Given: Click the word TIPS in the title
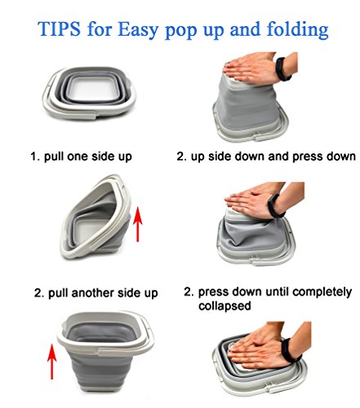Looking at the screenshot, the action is pyautogui.click(x=59, y=29).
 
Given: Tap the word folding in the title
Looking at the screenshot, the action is pyautogui.click(x=298, y=29).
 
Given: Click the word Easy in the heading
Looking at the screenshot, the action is pyautogui.click(x=138, y=29).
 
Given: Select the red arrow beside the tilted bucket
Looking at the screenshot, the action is pyautogui.click(x=138, y=224).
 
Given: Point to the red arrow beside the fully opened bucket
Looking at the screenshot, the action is pyautogui.click(x=51, y=361).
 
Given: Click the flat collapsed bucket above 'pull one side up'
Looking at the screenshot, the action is pyautogui.click(x=89, y=93).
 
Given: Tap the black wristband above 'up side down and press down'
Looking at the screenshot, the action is pyautogui.click(x=282, y=69).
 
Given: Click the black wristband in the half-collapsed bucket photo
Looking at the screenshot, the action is pyautogui.click(x=276, y=206).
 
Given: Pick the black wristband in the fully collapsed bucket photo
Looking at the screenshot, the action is pyautogui.click(x=291, y=350).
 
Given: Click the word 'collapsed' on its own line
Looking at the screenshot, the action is pyautogui.click(x=224, y=306).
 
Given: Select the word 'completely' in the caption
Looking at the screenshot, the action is pyautogui.click(x=322, y=292).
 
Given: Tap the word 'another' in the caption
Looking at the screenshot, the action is pyautogui.click(x=92, y=293).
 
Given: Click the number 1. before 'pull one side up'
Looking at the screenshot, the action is pyautogui.click(x=35, y=157).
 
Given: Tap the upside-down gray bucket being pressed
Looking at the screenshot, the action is pyautogui.click(x=251, y=109).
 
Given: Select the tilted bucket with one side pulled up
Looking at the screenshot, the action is pyautogui.click(x=96, y=217).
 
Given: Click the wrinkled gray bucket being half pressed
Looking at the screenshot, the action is pyautogui.click(x=256, y=236).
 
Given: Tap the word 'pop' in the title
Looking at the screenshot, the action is pyautogui.click(x=180, y=31).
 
